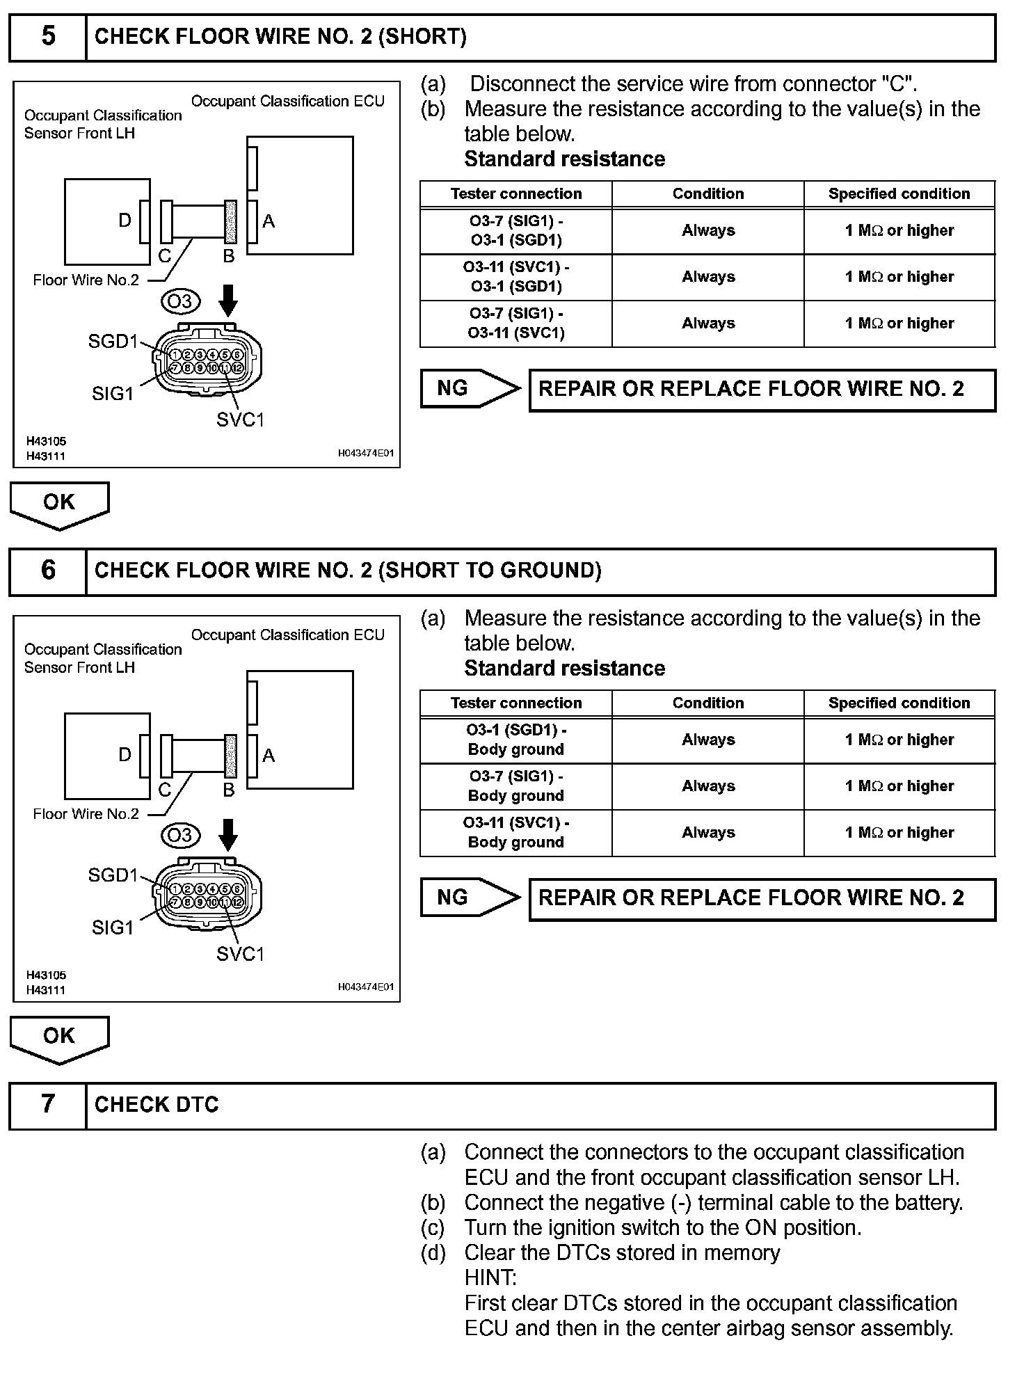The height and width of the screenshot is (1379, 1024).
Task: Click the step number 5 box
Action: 48,37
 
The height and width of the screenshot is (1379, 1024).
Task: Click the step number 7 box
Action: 48,1104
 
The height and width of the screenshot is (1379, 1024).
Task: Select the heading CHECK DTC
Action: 157,1105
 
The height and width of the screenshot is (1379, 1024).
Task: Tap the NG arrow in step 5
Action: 470,388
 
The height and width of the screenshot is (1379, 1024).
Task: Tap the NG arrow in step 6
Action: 470,898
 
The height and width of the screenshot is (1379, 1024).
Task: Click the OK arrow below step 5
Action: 59,504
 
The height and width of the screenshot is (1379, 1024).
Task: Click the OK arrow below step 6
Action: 59,1037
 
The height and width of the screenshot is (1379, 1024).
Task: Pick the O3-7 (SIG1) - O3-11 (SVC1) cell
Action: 516,324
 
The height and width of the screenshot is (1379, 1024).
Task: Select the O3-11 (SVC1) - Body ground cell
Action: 516,833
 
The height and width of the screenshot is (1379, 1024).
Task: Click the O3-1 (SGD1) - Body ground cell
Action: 516,740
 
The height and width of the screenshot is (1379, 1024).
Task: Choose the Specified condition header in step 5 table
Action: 899,194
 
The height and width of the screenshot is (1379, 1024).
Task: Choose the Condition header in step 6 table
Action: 707,703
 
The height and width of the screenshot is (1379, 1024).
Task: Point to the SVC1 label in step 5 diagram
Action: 240,420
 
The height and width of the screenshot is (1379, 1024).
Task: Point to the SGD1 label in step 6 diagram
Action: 113,875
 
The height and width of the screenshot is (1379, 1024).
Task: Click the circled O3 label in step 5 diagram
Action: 180,301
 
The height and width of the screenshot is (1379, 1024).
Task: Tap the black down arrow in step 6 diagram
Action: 228,834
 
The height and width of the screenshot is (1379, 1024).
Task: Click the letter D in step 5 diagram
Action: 125,221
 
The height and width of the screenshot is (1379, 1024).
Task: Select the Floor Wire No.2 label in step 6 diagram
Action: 86,814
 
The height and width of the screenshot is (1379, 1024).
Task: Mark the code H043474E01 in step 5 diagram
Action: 366,453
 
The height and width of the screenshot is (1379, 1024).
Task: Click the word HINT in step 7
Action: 490,1278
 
